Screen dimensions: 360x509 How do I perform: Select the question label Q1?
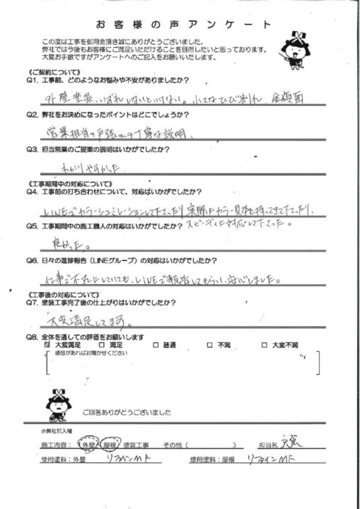point(32,81)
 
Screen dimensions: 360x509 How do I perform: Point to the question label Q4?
point(32,192)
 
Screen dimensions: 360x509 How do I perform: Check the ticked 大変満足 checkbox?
point(49,345)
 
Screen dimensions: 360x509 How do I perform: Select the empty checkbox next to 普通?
point(155,345)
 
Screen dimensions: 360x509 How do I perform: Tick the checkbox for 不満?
point(209,345)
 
